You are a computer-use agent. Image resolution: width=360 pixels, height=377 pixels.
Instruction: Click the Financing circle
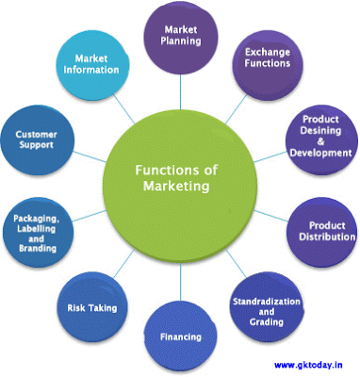[181, 335]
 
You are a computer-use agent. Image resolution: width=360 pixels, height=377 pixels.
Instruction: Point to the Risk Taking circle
[90, 307]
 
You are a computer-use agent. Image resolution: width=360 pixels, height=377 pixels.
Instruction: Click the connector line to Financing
[180, 283]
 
